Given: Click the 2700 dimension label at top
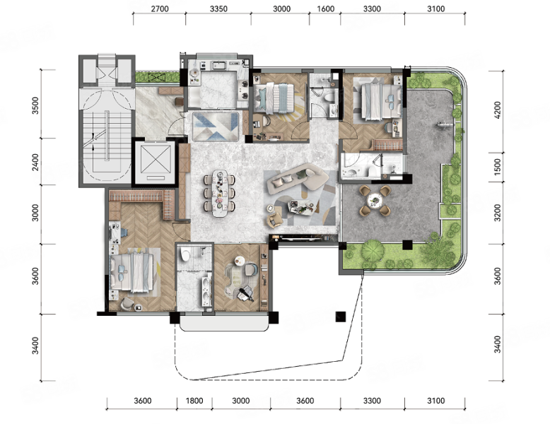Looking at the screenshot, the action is point(160,8).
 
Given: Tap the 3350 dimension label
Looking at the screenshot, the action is point(218,8).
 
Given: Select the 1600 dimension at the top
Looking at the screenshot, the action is point(325,8).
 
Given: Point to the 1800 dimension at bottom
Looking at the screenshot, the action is point(194,401).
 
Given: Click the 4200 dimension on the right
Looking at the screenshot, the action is point(497,110).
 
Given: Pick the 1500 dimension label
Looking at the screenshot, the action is point(497,166).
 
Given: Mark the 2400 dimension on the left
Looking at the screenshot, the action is point(35,162).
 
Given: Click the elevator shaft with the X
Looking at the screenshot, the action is point(155,163).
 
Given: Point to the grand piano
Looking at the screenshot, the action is point(245,293).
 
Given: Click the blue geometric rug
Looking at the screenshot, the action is point(216,126).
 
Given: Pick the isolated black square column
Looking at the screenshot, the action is point(340,317).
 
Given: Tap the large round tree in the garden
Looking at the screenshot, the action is point(373,250).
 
